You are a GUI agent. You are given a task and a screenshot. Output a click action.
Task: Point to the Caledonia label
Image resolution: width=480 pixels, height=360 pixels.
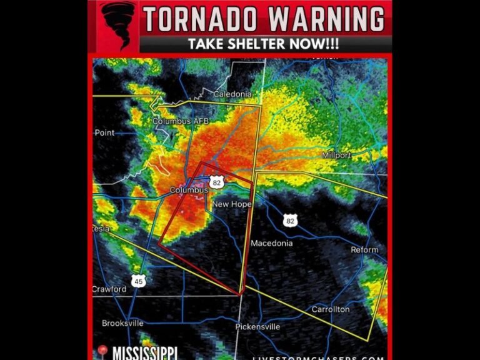[x=232, y=94]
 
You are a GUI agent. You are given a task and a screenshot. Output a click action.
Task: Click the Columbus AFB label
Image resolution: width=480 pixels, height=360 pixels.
[x=181, y=121]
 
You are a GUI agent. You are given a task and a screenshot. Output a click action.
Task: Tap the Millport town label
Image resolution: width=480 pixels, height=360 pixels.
[x=336, y=155]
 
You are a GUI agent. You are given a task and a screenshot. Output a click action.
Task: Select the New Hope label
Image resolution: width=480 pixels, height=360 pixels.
[x=232, y=204]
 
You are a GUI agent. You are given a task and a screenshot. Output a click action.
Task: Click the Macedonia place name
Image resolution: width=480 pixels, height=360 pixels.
[x=272, y=242]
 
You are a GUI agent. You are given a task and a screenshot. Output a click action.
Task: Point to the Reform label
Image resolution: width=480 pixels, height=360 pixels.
[x=364, y=249]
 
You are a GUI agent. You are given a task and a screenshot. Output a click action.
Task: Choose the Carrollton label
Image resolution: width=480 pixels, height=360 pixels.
[x=331, y=309]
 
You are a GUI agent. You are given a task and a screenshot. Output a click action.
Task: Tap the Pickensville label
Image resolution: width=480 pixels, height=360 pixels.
[x=257, y=327]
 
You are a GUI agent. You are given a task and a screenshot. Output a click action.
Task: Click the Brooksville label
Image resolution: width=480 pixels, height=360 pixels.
[x=122, y=323]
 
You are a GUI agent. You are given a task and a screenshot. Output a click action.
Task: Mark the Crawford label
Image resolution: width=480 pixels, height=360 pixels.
[x=109, y=289]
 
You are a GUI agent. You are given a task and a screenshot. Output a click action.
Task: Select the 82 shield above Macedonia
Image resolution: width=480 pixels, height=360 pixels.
[x=289, y=221]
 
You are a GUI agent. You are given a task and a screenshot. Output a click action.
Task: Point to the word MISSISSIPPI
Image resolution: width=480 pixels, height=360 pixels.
[x=145, y=352]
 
